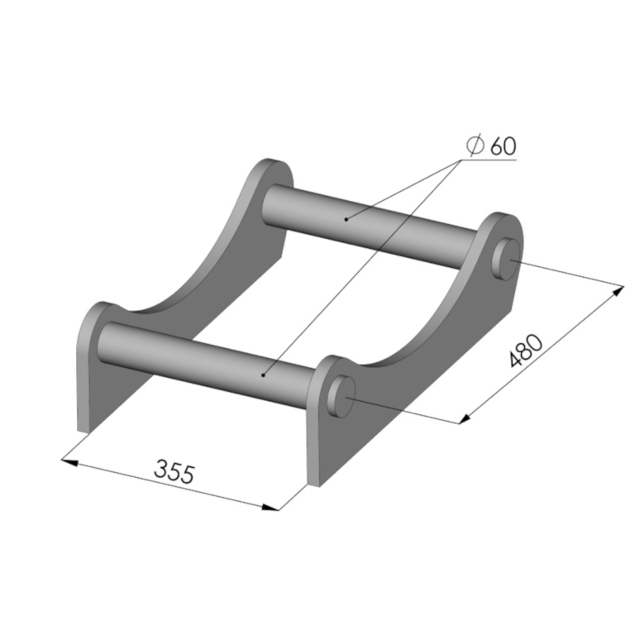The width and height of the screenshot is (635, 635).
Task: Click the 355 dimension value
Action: pyautogui.click(x=174, y=471)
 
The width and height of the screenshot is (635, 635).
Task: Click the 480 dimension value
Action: pyautogui.click(x=526, y=351)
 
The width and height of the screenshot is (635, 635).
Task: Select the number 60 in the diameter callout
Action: pyautogui.click(x=504, y=146)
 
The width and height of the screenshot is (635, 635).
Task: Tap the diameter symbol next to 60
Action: pyautogui.click(x=475, y=145)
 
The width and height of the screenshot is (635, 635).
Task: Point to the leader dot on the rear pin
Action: pyautogui.click(x=346, y=219)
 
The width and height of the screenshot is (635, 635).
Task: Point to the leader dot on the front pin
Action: pyautogui.click(x=263, y=375)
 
